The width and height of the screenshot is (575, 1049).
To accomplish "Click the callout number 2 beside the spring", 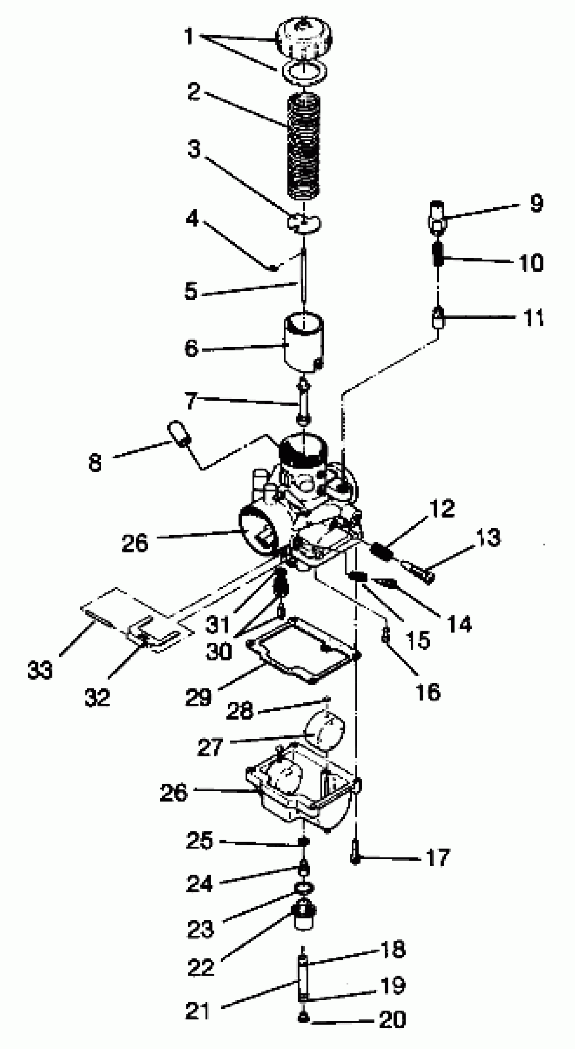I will pos(194,91).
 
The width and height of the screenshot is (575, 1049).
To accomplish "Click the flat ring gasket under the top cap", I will pos(304,72).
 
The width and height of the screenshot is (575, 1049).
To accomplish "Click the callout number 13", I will pos(488,538).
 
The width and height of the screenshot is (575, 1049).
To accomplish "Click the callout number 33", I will pos(40,670).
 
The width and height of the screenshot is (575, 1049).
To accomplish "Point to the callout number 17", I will pos(438,857).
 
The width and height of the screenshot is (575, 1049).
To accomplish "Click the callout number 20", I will pos(392,1019).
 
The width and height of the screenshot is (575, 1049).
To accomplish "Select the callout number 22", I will pos(200,967).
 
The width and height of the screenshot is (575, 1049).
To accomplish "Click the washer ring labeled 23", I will pos(304,888).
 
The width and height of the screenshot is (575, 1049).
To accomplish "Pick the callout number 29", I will pos(198,697).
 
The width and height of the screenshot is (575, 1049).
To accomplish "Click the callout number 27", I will pos(210,747).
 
